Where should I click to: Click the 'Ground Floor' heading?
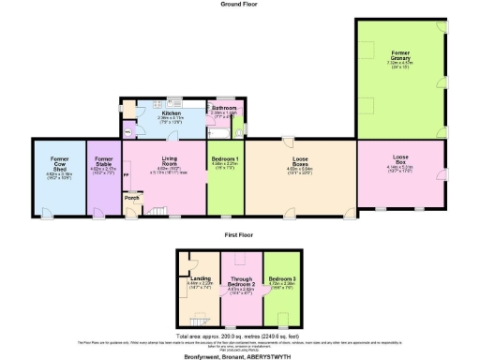pos(239,5)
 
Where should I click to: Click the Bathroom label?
pos(224,108)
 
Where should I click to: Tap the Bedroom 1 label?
pos(225,159)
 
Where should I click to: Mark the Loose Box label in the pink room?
pos(400,158)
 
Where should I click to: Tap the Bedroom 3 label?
pos(281,278)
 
